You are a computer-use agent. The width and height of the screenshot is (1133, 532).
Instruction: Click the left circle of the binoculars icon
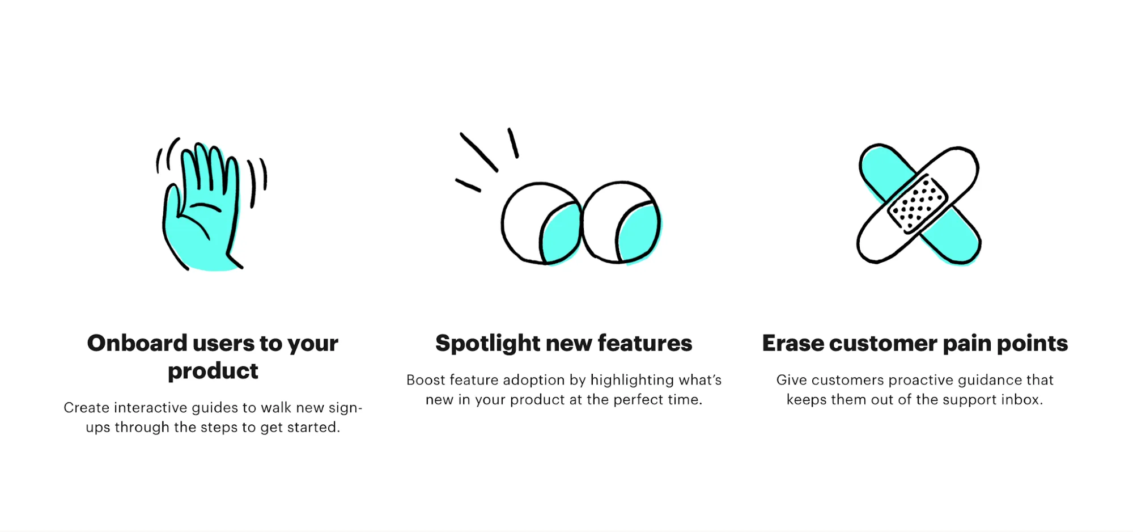coord(541,223)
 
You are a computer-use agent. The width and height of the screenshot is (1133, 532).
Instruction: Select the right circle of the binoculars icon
coord(621,222)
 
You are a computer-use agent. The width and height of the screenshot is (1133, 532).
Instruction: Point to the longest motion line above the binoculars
coord(479,152)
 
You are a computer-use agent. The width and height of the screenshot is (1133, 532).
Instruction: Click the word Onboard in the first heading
coord(137,343)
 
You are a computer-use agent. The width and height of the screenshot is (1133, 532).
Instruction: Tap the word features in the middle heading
coord(645,343)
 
